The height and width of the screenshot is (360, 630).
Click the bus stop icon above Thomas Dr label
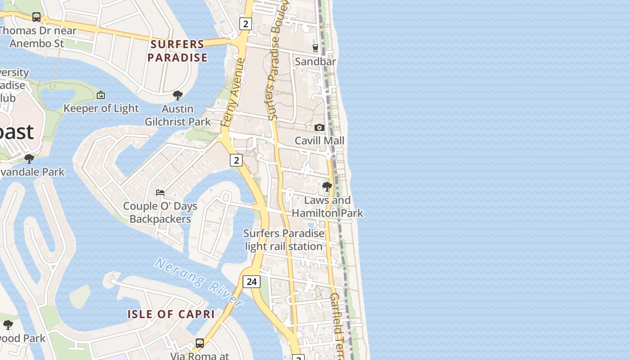pyautogui.click(x=36, y=17)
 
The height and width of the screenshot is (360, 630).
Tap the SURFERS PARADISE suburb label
pyautogui.click(x=177, y=51)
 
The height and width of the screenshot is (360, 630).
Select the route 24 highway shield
pyautogui.click(x=252, y=282)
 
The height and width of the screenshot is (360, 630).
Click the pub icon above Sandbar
pyautogui.click(x=315, y=48)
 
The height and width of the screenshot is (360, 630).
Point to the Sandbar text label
pyautogui.click(x=315, y=62)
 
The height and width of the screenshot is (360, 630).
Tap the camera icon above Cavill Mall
pyautogui.click(x=319, y=127)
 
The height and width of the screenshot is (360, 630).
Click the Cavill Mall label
pyautogui.click(x=319, y=141)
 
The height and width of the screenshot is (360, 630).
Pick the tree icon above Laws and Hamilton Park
pyautogui.click(x=327, y=186)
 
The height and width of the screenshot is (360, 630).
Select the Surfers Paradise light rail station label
pyautogui.click(x=283, y=240)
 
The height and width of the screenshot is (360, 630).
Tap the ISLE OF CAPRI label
pyautogui.click(x=171, y=314)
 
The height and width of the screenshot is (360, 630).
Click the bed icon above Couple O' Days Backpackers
pyautogui.click(x=160, y=193)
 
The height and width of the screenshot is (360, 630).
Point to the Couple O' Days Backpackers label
pyautogui.click(x=160, y=213)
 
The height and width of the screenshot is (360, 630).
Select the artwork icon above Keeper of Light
pyautogui.click(x=101, y=95)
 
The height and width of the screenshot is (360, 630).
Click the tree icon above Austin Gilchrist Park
pyautogui.click(x=178, y=95)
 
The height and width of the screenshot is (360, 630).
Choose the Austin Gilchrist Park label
pyautogui.click(x=178, y=115)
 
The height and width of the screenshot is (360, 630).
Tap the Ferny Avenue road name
pyautogui.click(x=233, y=92)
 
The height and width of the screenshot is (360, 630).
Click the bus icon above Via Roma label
pyautogui.click(x=200, y=343)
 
